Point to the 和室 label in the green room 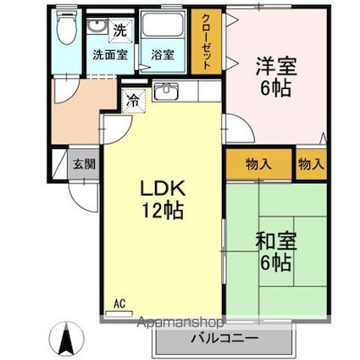(x=274, y=241)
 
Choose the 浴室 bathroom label (x=163, y=56)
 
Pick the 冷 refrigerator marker (x=133, y=100)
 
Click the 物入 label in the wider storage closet (x=258, y=165)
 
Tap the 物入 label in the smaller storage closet (x=311, y=165)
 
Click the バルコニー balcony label (x=224, y=338)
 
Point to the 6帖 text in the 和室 (x=274, y=262)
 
